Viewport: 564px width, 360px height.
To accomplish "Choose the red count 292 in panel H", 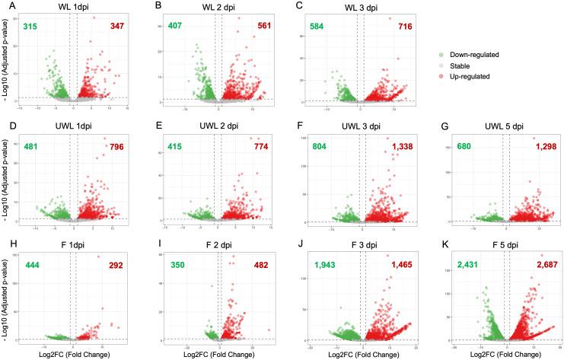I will [x=114, y=265].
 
